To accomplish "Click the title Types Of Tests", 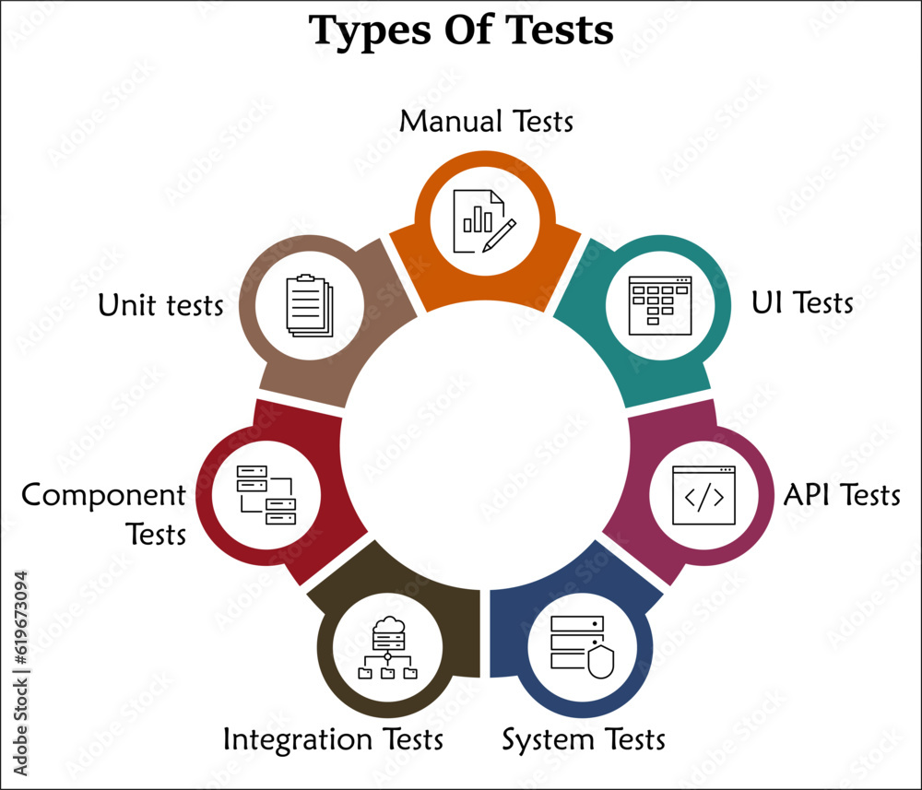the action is pyautogui.click(x=461, y=29).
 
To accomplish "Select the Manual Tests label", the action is pyautogui.click(x=487, y=121).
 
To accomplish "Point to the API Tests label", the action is pyautogui.click(x=841, y=495).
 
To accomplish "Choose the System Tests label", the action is pyautogui.click(x=583, y=738).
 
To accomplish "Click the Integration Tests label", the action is pyautogui.click(x=333, y=738).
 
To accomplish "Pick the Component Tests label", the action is pyautogui.click(x=104, y=513).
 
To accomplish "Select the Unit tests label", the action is pyautogui.click(x=161, y=305).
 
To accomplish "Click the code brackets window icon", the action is pyautogui.click(x=704, y=496).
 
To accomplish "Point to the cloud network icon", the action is pyautogui.click(x=387, y=649).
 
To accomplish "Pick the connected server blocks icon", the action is pyautogui.click(x=266, y=495).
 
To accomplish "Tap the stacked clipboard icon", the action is pyautogui.click(x=309, y=306).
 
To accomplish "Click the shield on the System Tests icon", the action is pyautogui.click(x=600, y=662).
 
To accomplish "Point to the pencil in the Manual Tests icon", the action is pyautogui.click(x=499, y=234).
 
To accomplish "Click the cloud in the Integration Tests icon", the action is pyautogui.click(x=387, y=627).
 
